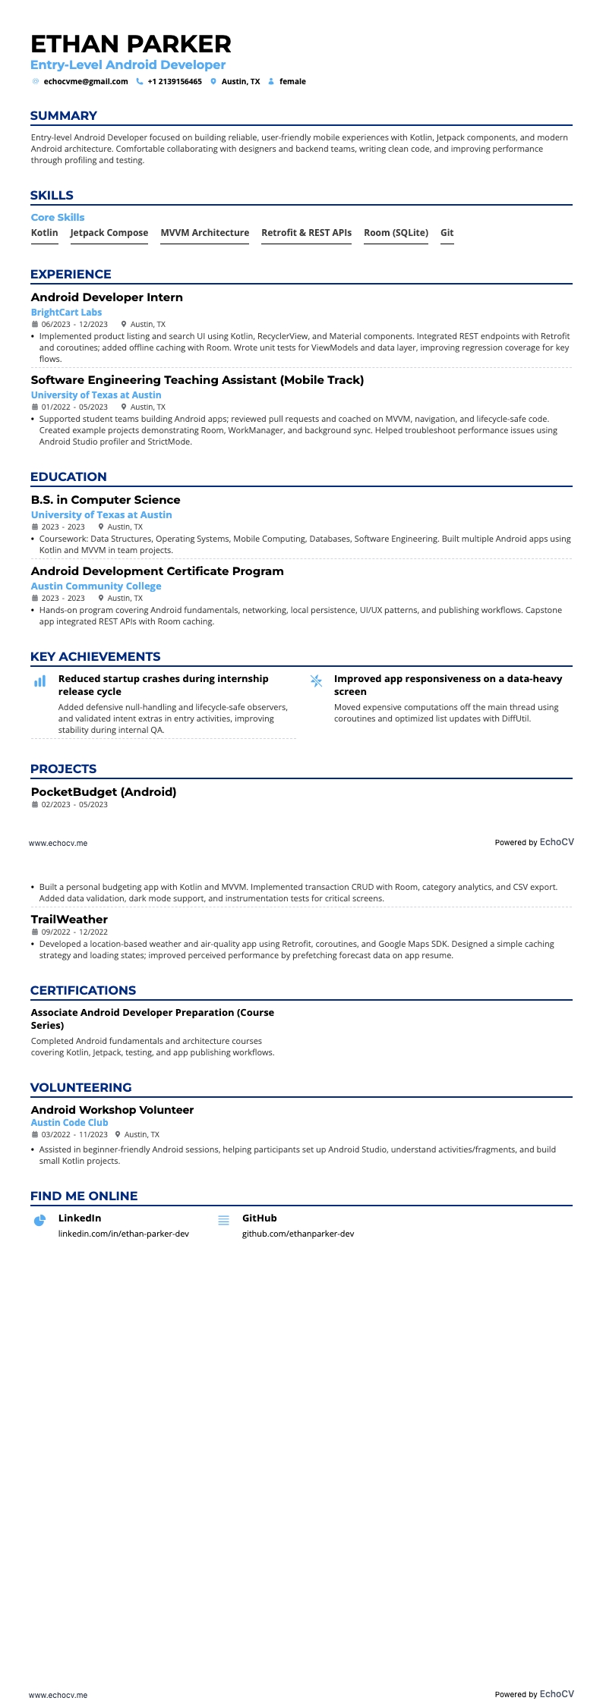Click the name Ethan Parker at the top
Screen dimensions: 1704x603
coord(131,44)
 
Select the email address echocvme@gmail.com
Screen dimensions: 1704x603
coord(86,82)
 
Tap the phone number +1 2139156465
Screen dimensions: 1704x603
coord(175,82)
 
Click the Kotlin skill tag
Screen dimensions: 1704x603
coord(45,233)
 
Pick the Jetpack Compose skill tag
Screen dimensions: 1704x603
coord(109,233)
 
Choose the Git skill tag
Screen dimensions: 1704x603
coord(447,233)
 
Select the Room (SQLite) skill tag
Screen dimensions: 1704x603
coord(396,233)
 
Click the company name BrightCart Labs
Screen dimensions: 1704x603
coord(66,313)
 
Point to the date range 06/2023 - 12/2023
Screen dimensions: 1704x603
coord(74,324)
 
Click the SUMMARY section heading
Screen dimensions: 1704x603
coord(64,116)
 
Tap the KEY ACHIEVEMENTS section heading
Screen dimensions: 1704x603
coord(95,657)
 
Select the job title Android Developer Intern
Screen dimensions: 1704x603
coord(107,297)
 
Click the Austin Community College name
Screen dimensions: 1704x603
coord(96,586)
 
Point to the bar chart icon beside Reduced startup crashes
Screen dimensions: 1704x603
coord(40,681)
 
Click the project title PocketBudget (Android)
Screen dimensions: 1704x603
coord(103,792)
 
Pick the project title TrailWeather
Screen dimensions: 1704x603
coord(69,920)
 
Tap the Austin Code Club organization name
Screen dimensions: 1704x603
coord(69,1123)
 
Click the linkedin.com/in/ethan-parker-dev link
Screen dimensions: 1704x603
coord(124,1234)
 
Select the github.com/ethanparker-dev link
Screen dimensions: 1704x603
coord(298,1234)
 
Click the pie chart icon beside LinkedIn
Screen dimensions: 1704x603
coord(40,1220)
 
